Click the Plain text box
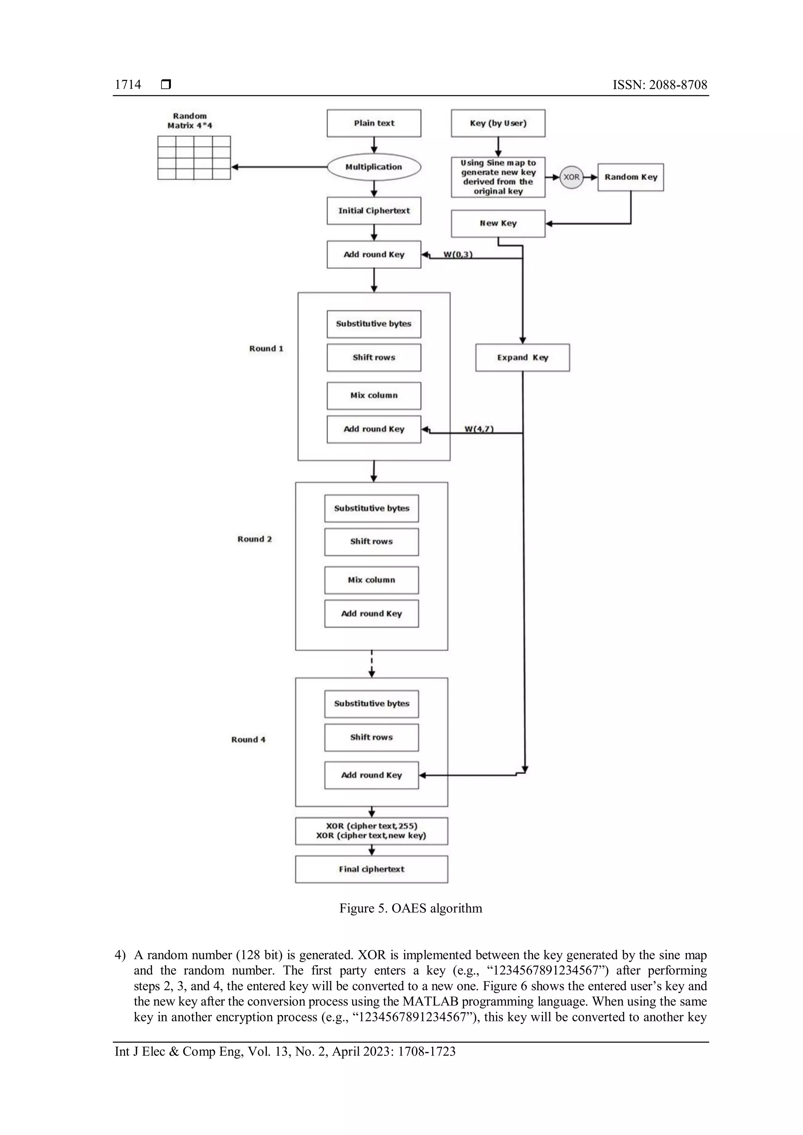click(x=374, y=123)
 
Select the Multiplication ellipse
click(x=374, y=167)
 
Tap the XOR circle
click(x=571, y=177)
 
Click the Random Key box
click(x=630, y=177)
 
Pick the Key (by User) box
click(x=498, y=123)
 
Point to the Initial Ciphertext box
click(x=374, y=210)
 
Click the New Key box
click(x=498, y=223)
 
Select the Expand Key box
click(x=522, y=357)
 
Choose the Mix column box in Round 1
click(x=374, y=395)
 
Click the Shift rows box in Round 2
click(x=371, y=542)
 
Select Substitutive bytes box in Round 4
click(x=371, y=703)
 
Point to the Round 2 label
click(x=254, y=539)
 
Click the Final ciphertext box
click(x=371, y=869)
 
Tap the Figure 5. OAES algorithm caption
click(x=411, y=908)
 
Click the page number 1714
click(x=128, y=85)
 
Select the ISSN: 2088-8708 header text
click(x=659, y=85)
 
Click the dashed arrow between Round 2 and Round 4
click(x=371, y=664)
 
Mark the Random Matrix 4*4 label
click(x=189, y=121)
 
